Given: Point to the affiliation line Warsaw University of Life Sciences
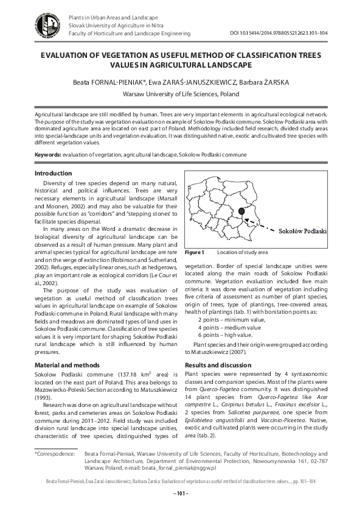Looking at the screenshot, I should tap(181, 94).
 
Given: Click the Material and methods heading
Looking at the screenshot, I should tap(67, 364).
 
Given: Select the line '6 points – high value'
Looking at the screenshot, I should tap(226, 335).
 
